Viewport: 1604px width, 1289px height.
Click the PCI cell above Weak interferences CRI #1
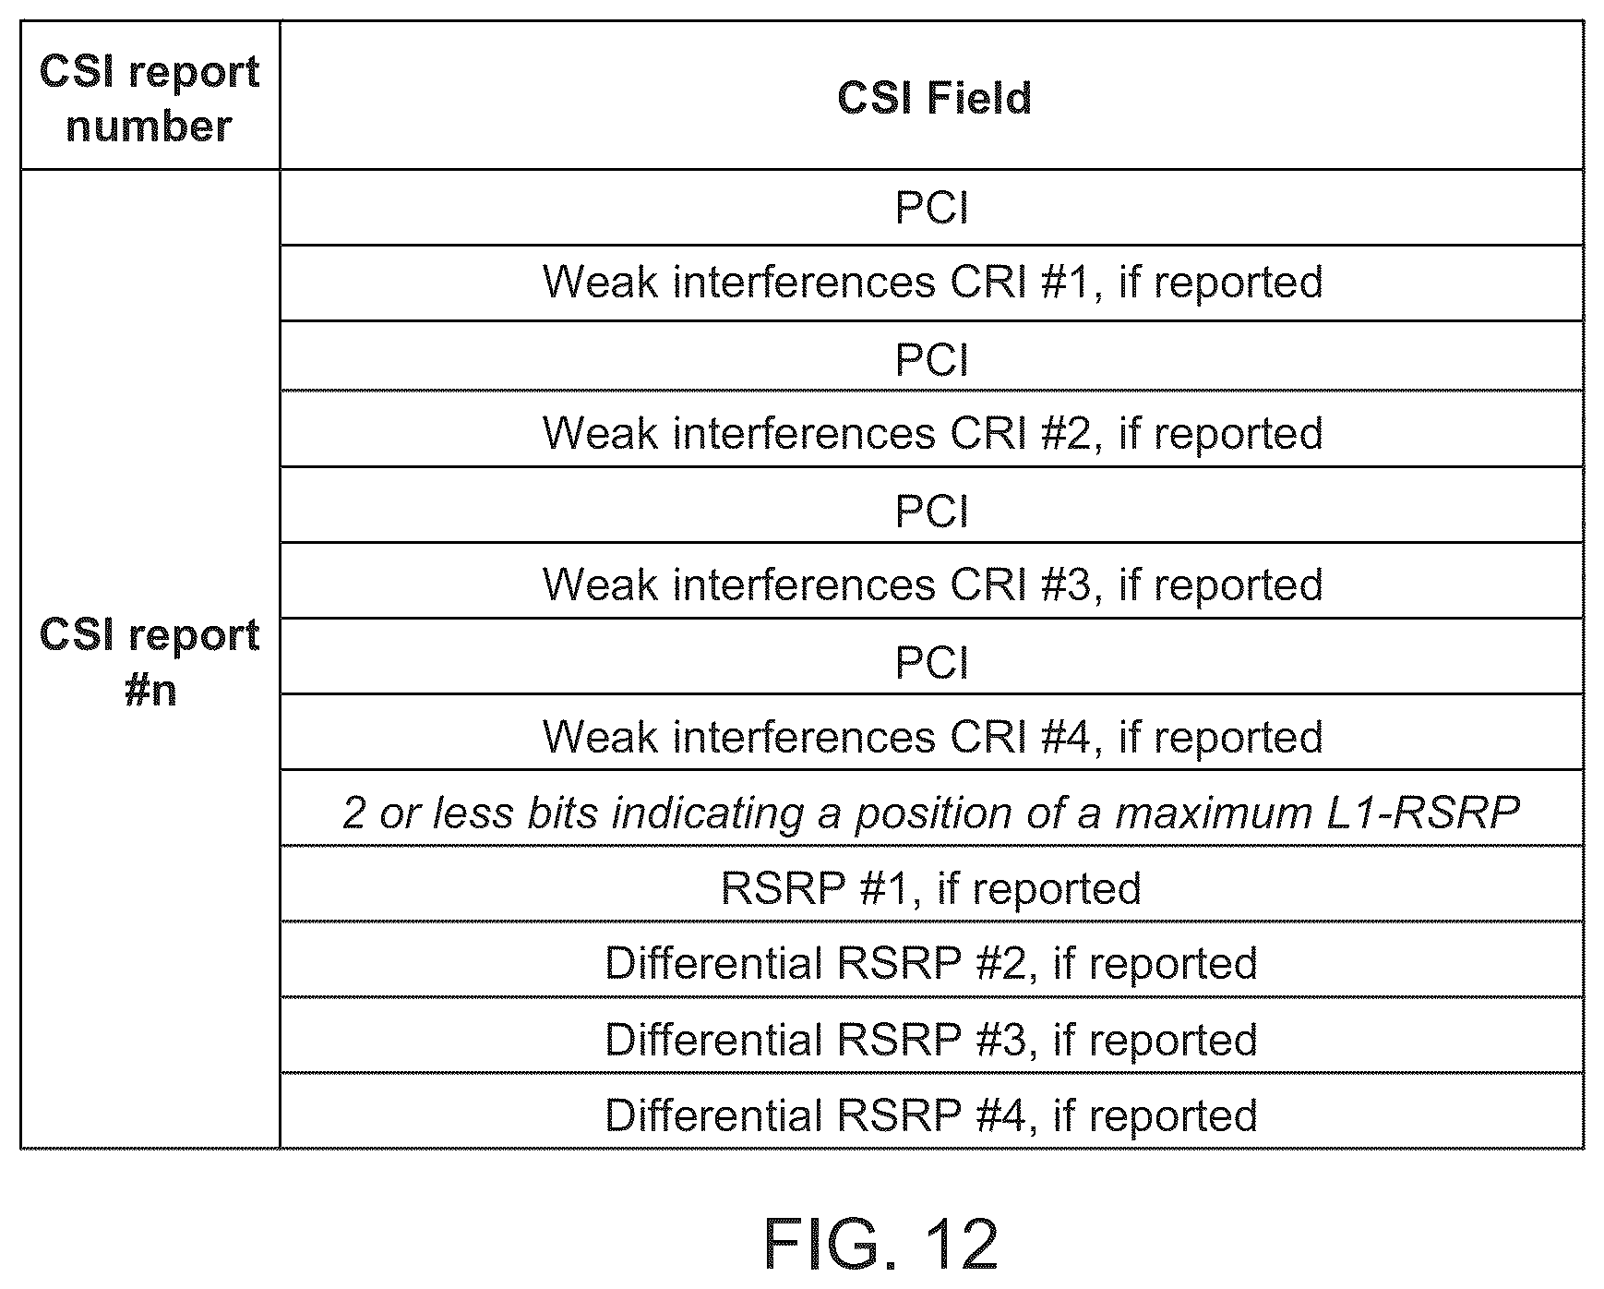932,207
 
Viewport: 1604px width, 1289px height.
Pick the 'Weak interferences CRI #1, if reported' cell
932,282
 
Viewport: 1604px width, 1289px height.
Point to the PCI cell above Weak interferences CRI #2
932,358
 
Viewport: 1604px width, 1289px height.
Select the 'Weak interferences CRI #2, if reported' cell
932,433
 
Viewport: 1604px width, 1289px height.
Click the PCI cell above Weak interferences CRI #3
932,510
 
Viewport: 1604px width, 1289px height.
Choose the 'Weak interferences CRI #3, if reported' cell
932,584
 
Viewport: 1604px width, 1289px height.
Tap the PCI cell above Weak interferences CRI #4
932,661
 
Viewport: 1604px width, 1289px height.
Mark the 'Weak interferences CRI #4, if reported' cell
932,737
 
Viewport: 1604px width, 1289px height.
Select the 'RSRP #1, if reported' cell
931,888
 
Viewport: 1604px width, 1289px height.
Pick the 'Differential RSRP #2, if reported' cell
931,964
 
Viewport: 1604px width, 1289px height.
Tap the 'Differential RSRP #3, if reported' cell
931,1040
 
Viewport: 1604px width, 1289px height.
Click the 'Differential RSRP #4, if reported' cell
931,1115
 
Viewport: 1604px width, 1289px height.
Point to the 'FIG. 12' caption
881,1243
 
